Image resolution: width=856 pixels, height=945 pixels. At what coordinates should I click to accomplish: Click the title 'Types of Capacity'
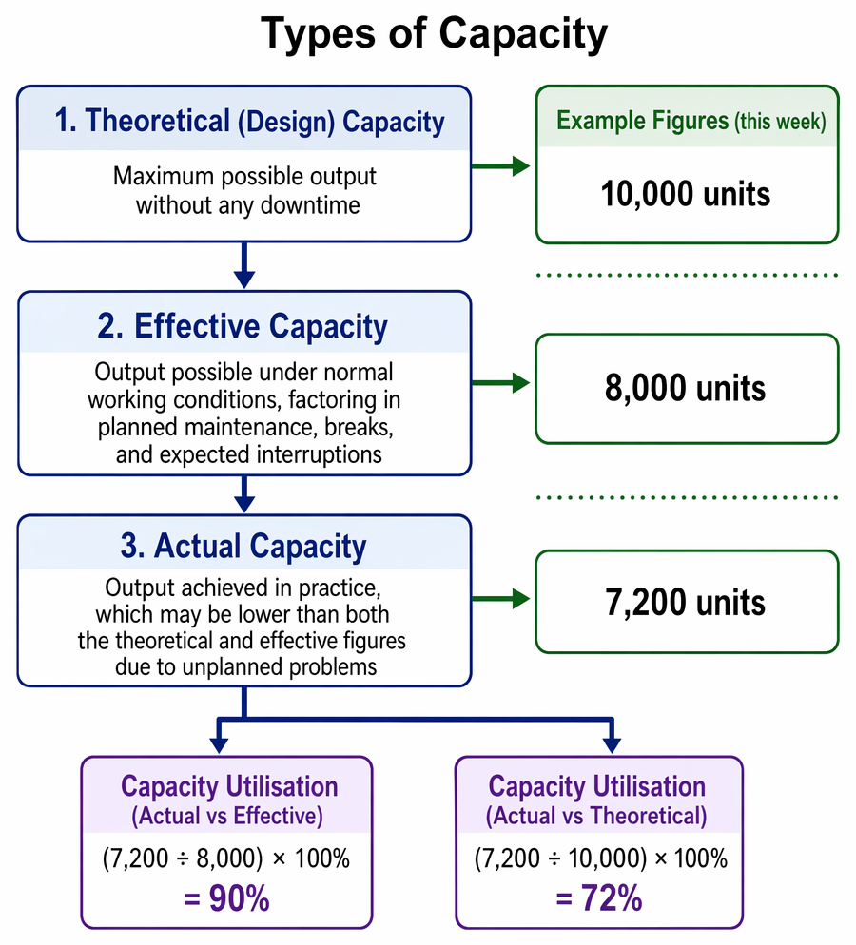tap(434, 34)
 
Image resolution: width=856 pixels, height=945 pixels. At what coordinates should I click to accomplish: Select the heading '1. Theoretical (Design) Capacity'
tap(249, 121)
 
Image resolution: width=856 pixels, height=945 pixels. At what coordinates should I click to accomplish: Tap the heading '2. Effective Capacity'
tap(243, 327)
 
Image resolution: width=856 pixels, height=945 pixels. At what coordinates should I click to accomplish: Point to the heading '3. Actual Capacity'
tap(243, 546)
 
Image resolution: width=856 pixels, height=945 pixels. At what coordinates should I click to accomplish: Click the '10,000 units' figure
tap(686, 194)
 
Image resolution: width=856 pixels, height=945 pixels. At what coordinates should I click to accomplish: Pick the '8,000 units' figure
tap(686, 388)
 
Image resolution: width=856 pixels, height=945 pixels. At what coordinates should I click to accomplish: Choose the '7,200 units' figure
tap(686, 602)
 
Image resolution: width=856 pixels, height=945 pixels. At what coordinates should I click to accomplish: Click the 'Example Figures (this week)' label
tap(691, 121)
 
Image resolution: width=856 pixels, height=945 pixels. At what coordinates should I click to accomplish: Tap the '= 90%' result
tap(226, 898)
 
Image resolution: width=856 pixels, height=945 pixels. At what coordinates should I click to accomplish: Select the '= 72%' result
tap(599, 898)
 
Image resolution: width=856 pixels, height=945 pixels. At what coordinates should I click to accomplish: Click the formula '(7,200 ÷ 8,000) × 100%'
tap(226, 858)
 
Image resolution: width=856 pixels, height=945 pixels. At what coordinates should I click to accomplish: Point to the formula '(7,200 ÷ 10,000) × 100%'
tap(601, 858)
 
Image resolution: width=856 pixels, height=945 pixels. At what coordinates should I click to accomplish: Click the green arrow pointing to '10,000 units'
tap(500, 165)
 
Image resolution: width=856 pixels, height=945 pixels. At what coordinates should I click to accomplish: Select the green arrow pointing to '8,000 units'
tap(500, 383)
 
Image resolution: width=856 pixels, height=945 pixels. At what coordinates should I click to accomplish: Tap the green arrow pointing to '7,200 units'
tap(500, 598)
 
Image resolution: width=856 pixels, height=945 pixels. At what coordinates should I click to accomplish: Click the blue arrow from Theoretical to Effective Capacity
tap(244, 266)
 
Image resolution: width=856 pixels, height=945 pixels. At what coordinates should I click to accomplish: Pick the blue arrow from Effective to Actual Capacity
tap(244, 494)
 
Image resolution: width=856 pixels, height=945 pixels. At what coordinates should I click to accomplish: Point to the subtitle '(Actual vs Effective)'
tap(227, 816)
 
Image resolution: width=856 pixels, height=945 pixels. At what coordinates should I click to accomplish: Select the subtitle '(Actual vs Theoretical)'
tap(596, 816)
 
